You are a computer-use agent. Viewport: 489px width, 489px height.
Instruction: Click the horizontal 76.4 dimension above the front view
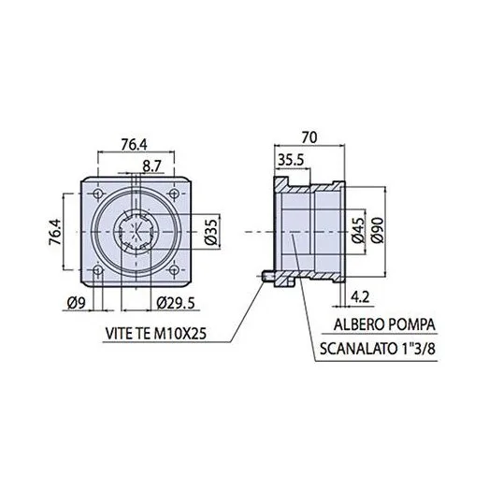tap(134, 145)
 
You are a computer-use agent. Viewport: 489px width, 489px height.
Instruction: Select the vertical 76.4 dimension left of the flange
tap(55, 232)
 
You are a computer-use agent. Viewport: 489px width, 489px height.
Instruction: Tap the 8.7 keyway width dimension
tap(151, 166)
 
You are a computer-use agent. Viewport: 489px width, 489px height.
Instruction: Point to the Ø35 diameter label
tap(211, 232)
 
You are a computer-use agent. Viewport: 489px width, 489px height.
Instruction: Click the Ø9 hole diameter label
tap(77, 303)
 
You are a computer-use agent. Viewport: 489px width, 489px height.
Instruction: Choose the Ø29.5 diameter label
tap(176, 303)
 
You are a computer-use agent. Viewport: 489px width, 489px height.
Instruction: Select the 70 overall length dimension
tap(309, 137)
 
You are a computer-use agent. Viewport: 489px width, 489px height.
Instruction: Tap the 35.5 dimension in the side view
tap(291, 160)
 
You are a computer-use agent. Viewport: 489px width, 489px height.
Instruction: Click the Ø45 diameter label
tap(358, 230)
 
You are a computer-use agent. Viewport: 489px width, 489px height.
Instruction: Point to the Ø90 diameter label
tap(378, 230)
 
